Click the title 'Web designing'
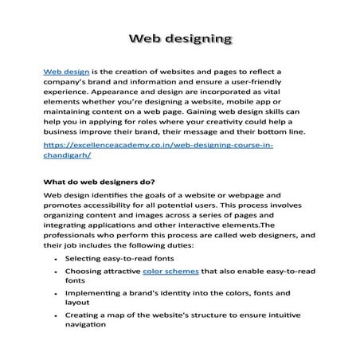tap(180, 38)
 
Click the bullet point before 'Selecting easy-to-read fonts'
tap(53, 260)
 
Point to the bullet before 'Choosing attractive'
tap(53, 272)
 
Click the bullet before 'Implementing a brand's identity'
tap(53, 293)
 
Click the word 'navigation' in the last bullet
tap(86, 325)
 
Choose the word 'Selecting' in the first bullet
tap(84, 260)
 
